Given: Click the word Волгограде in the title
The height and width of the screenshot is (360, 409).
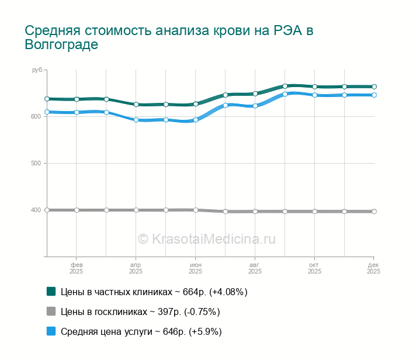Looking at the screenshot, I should point(61,45).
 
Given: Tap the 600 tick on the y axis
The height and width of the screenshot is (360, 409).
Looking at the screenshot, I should point(36,116).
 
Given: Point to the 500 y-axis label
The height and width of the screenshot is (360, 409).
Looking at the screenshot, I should point(36,163).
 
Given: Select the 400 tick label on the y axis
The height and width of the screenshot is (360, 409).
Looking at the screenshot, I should point(36,210).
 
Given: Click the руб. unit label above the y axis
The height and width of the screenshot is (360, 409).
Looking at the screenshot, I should point(37,70).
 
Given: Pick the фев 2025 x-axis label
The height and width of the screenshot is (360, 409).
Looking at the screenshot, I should point(76,268).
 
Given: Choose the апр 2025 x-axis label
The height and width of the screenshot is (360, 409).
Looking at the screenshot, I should point(136,268).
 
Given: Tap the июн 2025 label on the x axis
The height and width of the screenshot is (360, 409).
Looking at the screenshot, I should point(195,268).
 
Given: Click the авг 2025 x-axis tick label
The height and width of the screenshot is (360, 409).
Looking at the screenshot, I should point(255,268).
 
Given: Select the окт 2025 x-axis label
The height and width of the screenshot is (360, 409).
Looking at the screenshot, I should point(314,268).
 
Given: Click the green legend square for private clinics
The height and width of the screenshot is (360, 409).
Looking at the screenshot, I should point(51,291).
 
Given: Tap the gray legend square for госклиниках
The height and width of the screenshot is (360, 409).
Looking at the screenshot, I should point(51,311).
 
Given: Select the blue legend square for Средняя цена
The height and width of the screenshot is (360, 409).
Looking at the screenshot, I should point(51,331).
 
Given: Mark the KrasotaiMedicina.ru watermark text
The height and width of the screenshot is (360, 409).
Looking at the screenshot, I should point(206,238).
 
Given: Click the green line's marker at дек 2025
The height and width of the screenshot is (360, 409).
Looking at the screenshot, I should point(374,86).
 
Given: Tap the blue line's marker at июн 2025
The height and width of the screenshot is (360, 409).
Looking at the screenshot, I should point(196,120).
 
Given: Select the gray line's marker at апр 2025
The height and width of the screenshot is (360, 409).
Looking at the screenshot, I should point(136,210).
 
